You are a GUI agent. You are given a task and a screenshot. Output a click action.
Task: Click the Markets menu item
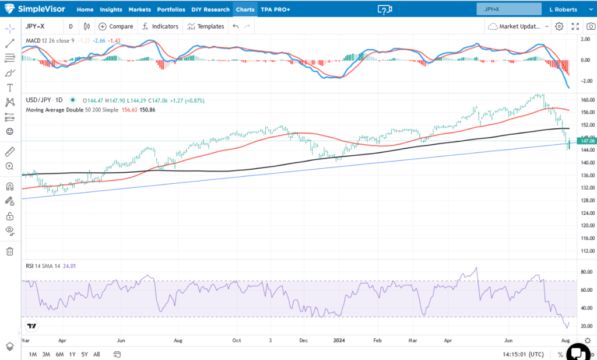coord(139,9)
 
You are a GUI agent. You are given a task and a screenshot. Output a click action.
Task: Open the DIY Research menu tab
coord(210,9)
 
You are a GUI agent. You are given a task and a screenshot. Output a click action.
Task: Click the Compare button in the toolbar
coord(116,26)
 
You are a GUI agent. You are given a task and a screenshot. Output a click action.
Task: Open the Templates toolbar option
coord(205,26)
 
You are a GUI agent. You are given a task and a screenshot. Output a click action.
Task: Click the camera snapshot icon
coord(591,26)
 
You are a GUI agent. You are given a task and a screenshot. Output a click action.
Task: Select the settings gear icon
coord(559,26)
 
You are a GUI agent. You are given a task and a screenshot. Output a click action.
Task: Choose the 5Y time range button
coord(85,354)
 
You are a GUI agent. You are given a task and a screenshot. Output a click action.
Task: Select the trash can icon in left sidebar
coord(9,251)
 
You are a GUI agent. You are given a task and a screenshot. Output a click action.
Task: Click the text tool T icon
coord(9,88)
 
